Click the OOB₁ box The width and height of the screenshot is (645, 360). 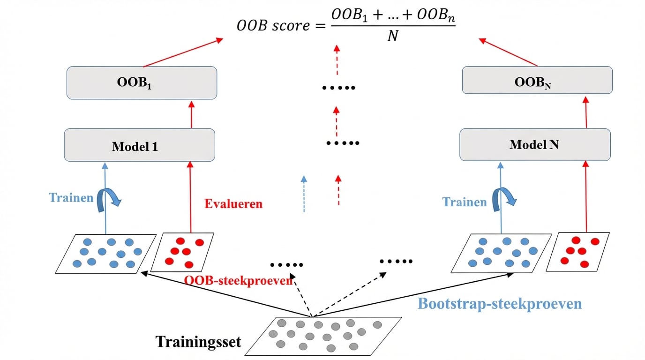point(142,82)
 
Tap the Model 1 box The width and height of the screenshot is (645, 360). point(139,146)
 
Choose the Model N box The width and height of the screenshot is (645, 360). point(535,144)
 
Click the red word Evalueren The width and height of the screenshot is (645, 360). point(233,204)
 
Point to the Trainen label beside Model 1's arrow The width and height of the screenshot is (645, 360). point(71,197)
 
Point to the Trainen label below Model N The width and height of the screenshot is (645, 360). point(465,202)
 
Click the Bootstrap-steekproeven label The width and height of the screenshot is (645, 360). point(499,303)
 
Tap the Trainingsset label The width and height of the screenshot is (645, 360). point(198,341)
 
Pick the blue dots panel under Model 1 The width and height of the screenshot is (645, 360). point(106,253)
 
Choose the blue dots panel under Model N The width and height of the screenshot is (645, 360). point(502,253)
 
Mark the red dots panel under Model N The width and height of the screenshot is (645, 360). point(578,252)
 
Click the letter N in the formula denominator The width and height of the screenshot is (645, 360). point(392,36)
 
